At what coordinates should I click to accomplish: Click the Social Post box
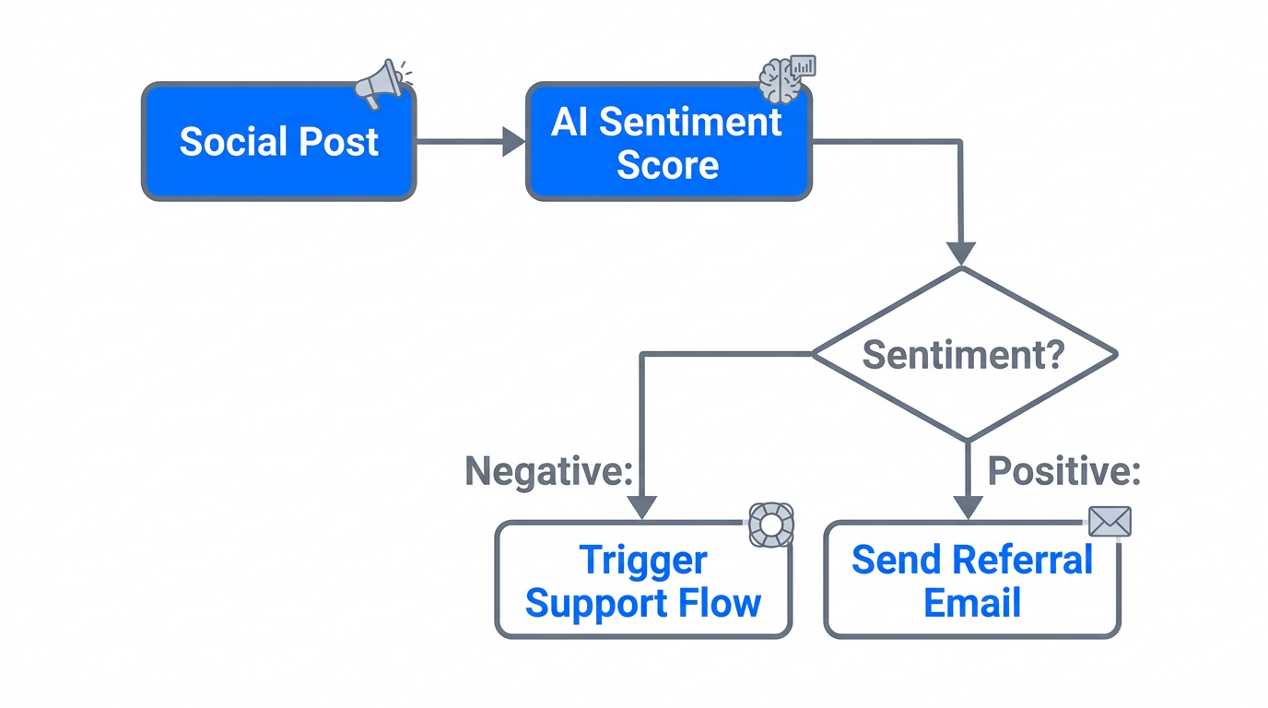tap(278, 141)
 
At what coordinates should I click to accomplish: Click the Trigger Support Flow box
tap(642, 581)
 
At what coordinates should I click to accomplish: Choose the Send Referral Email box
tap(971, 581)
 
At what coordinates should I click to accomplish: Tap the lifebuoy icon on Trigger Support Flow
tap(769, 524)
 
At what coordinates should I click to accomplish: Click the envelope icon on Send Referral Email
tap(1109, 522)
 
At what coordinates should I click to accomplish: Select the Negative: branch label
tap(549, 471)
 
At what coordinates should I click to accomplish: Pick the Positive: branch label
tap(1064, 471)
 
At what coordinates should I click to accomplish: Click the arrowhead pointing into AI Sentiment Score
tap(513, 142)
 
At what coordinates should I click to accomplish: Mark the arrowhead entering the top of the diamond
tap(961, 253)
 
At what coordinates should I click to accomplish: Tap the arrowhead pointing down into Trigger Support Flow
tap(641, 507)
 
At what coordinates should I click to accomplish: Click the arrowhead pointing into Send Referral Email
tap(968, 507)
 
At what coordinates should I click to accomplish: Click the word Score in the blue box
tap(667, 166)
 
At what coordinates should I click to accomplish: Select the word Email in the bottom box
tap(971, 604)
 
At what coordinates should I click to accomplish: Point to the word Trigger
tap(642, 560)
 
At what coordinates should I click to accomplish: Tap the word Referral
tap(1023, 560)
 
